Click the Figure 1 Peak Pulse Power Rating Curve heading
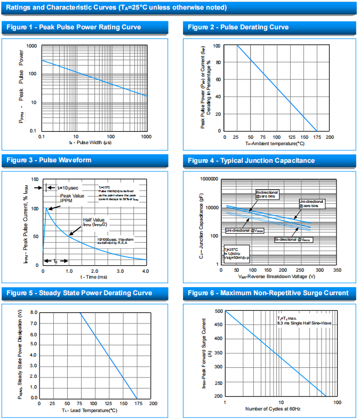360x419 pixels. (x=74, y=27)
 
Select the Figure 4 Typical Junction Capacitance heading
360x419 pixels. (x=251, y=161)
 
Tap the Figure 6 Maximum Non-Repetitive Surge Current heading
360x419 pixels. (x=268, y=293)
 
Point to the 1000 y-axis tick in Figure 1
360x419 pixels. (x=31, y=46)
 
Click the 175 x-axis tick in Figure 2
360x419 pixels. (x=316, y=137)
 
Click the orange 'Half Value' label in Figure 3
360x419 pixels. (x=94, y=220)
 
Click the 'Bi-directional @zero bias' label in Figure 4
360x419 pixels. (x=267, y=194)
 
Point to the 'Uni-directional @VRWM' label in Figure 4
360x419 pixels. (x=245, y=230)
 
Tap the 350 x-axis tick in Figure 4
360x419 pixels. (x=337, y=271)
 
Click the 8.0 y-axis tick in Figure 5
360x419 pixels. (x=34, y=312)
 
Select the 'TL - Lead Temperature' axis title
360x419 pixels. (x=89, y=410)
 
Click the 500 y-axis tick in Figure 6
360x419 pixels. (x=218, y=311)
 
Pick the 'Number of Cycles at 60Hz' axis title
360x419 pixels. (x=273, y=409)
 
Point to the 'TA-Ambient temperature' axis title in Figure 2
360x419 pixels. (x=275, y=143)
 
